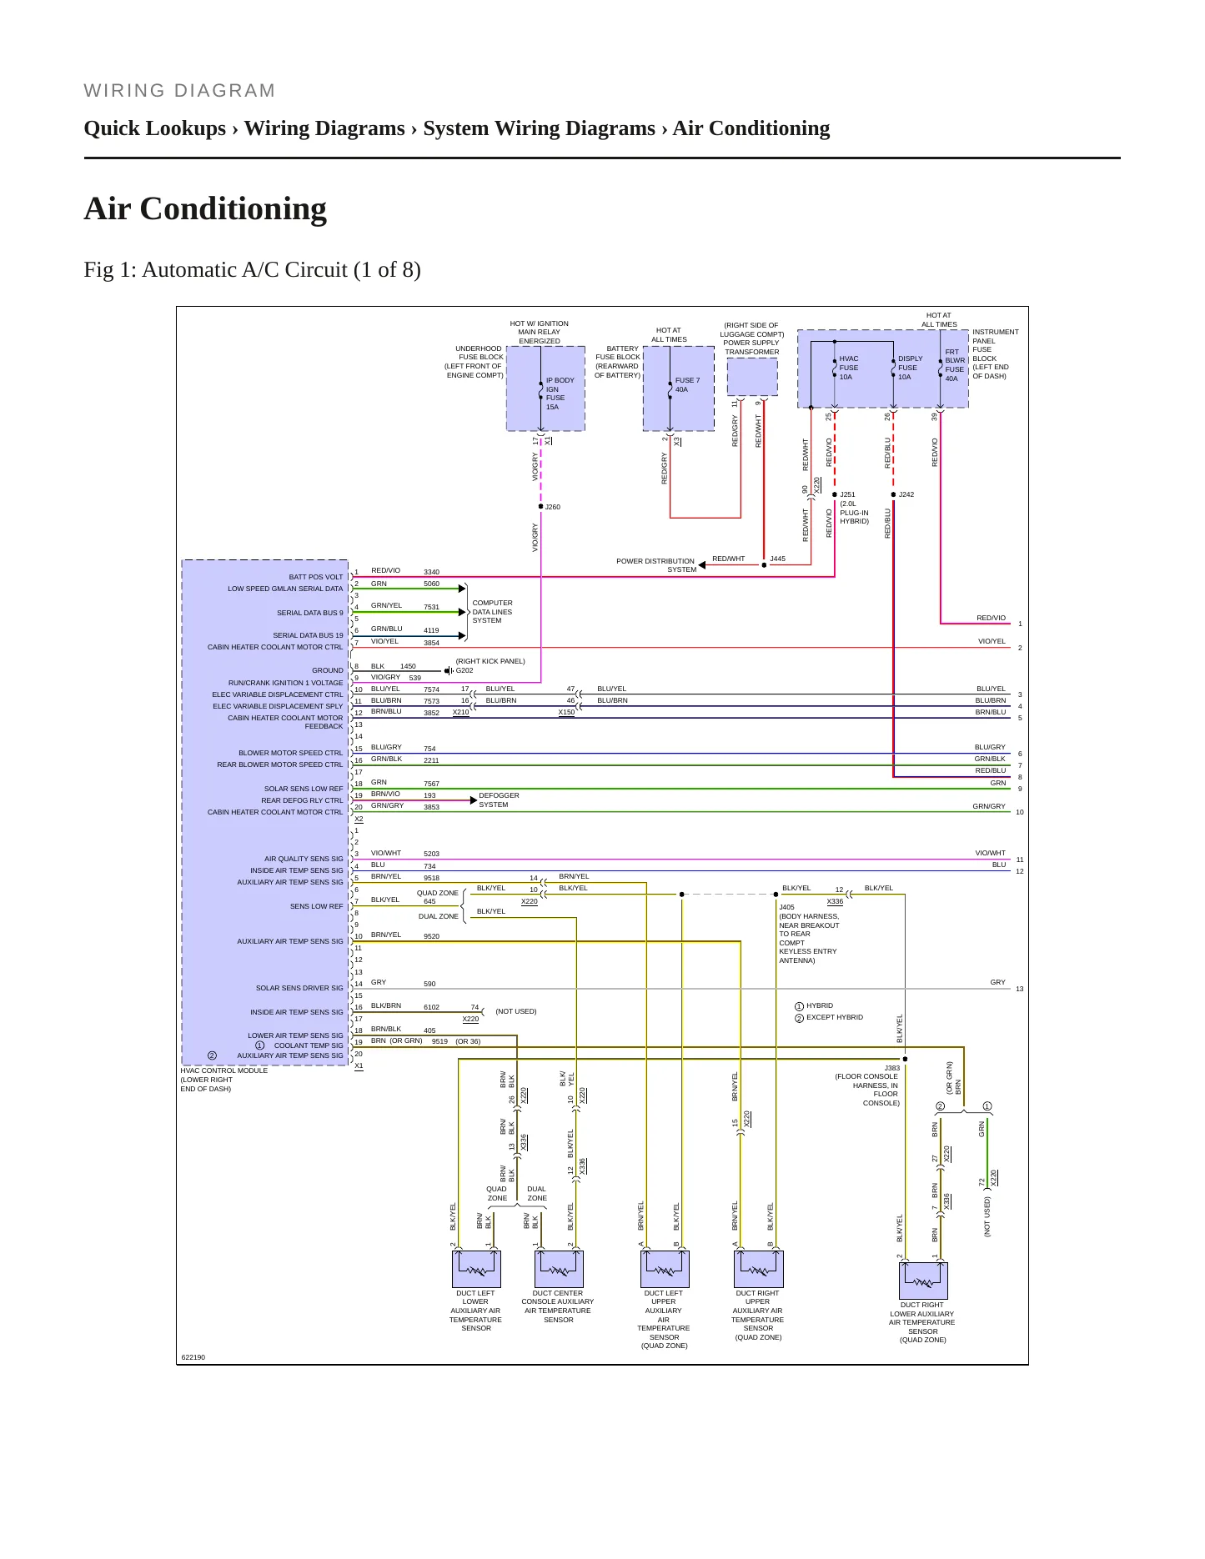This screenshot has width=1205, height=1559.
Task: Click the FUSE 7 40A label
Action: pyautogui.click(x=687, y=384)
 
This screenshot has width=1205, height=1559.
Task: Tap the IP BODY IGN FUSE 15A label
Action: pyautogui.click(x=560, y=394)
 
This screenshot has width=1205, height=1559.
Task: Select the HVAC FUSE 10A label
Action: pyautogui.click(x=848, y=368)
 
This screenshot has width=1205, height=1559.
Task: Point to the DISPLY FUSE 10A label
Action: pyautogui.click(x=910, y=368)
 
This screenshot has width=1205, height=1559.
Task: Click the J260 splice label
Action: pyautogui.click(x=552, y=507)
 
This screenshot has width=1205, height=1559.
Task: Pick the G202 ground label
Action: pyautogui.click(x=464, y=670)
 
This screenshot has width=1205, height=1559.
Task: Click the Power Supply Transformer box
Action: pyautogui.click(x=752, y=377)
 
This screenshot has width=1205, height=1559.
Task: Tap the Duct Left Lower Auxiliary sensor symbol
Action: pyautogui.click(x=476, y=1269)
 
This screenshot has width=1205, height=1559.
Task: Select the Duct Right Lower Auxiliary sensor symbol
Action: pyautogui.click(x=923, y=1281)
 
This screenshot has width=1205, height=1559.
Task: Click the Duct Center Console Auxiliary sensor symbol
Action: pyautogui.click(x=558, y=1269)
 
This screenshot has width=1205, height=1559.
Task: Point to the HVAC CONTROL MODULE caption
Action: pyautogui.click(x=223, y=1070)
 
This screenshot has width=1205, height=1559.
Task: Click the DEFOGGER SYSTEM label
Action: pyautogui.click(x=499, y=800)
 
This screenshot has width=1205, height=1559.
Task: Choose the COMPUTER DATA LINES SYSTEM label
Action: pyautogui.click(x=492, y=612)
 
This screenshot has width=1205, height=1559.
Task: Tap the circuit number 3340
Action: pyautogui.click(x=431, y=573)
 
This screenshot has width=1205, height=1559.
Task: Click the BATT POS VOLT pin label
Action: pyautogui.click(x=316, y=577)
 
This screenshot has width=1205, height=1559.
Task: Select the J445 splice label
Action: pyautogui.click(x=777, y=559)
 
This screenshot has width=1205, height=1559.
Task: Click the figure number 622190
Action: pyautogui.click(x=193, y=1357)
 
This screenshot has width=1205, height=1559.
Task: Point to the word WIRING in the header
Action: pyautogui.click(x=125, y=91)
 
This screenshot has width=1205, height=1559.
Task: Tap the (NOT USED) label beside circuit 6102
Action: pyautogui.click(x=516, y=1011)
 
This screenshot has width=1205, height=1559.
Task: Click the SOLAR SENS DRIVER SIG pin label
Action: pyautogui.click(x=299, y=988)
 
